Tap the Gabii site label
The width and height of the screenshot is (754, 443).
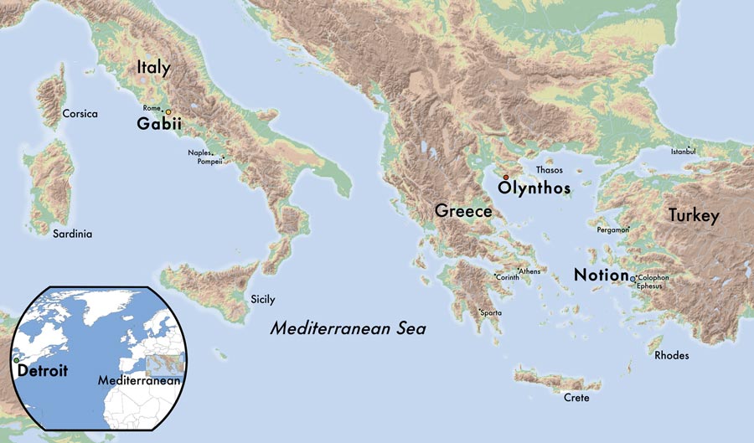[x=159, y=125]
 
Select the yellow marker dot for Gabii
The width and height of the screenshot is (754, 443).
[x=168, y=111]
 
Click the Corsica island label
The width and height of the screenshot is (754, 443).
[x=80, y=113]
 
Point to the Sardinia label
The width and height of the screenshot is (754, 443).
[x=72, y=234]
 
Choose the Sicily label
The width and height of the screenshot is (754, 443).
[x=262, y=299]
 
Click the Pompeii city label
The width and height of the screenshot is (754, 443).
[x=210, y=162]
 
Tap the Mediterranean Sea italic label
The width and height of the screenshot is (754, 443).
[x=348, y=329]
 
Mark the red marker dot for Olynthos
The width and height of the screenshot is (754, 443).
[x=505, y=177]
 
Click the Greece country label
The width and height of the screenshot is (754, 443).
[x=462, y=211]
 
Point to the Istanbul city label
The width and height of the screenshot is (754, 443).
[x=683, y=152]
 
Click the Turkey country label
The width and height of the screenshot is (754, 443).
[x=693, y=216]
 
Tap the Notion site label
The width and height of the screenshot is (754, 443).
[x=601, y=276]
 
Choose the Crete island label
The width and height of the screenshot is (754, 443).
[x=576, y=398]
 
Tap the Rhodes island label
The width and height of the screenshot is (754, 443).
[x=672, y=356]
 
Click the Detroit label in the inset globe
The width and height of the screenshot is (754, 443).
[x=41, y=369]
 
